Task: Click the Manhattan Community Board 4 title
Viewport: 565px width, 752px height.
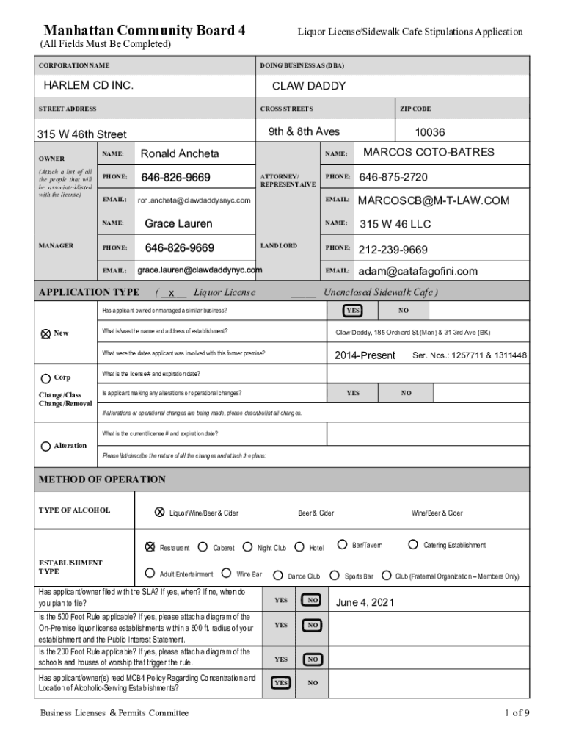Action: click(145, 31)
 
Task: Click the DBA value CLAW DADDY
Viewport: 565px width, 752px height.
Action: click(309, 86)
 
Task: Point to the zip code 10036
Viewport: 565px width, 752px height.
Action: click(430, 133)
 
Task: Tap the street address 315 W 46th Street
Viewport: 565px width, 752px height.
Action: click(82, 134)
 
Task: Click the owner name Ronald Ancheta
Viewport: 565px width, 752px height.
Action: click(180, 153)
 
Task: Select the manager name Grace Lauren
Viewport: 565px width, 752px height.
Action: click(178, 223)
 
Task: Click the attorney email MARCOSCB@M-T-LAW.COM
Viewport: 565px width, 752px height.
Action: click(433, 200)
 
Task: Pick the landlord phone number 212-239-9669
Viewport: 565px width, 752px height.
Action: click(393, 250)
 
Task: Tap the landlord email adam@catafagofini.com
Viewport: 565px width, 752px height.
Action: click(418, 271)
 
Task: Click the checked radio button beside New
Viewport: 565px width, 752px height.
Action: click(45, 333)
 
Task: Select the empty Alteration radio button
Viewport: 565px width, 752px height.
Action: click(45, 446)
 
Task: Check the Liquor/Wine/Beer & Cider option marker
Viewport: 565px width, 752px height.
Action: click(159, 512)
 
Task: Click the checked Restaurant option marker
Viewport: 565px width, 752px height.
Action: click(150, 546)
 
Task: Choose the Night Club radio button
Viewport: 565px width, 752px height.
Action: click(248, 546)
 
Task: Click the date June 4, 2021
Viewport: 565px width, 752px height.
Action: click(365, 603)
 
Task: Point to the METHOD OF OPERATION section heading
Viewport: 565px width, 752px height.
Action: click(102, 480)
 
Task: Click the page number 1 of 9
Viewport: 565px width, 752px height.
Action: click(517, 712)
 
